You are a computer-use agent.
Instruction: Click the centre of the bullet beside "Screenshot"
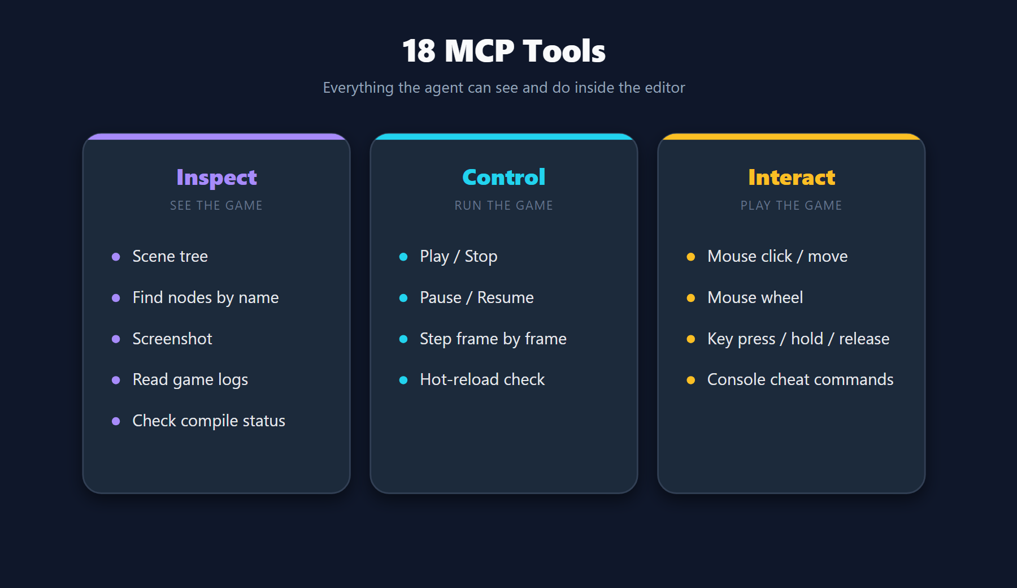click(x=116, y=339)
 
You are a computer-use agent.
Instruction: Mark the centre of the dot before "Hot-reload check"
click(x=403, y=380)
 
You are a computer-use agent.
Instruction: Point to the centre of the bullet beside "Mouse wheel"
click(x=690, y=298)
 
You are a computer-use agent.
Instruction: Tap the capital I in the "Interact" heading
click(x=752, y=178)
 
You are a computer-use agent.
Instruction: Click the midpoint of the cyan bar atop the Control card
click(x=504, y=136)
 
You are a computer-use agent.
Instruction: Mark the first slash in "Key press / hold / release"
click(x=783, y=339)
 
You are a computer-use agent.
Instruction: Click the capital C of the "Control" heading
click(x=471, y=178)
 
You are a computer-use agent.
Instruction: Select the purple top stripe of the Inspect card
click(x=216, y=136)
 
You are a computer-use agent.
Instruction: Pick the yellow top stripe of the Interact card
click(x=792, y=136)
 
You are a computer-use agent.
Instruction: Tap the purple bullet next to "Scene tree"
click(x=116, y=257)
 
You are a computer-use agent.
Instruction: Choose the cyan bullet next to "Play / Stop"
click(x=403, y=257)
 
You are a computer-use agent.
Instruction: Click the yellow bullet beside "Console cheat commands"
click(x=690, y=380)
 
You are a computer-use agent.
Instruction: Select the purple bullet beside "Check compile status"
click(x=116, y=421)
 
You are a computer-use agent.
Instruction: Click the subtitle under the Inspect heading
click(x=216, y=205)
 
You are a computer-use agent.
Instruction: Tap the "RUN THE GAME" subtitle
click(x=504, y=205)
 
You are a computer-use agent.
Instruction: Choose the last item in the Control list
click(x=483, y=379)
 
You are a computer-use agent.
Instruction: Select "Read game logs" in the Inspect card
click(x=190, y=380)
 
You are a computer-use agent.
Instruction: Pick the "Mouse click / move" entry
click(x=777, y=256)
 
